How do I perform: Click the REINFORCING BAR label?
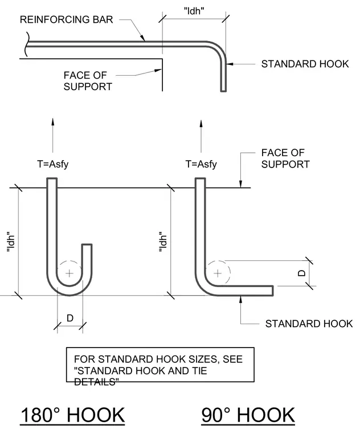[67, 19]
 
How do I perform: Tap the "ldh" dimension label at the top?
[194, 11]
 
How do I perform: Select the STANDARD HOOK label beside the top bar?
[305, 64]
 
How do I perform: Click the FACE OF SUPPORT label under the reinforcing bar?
[88, 81]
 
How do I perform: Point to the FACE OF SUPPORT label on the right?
[285, 158]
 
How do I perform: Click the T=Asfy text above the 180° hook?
[53, 164]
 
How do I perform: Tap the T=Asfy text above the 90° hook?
[201, 164]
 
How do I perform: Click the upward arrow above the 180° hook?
[53, 136]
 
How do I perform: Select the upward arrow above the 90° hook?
[201, 136]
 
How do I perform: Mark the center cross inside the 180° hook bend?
[69, 273]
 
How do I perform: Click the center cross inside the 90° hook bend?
[218, 273]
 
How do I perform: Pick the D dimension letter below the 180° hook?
[70, 318]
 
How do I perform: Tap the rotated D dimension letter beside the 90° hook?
[302, 273]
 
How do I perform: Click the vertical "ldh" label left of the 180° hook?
[10, 242]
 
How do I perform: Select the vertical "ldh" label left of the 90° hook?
[163, 242]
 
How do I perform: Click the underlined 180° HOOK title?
[72, 415]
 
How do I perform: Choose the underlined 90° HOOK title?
[248, 415]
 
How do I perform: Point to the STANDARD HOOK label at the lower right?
[309, 324]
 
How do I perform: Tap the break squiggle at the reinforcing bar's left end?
[27, 44]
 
